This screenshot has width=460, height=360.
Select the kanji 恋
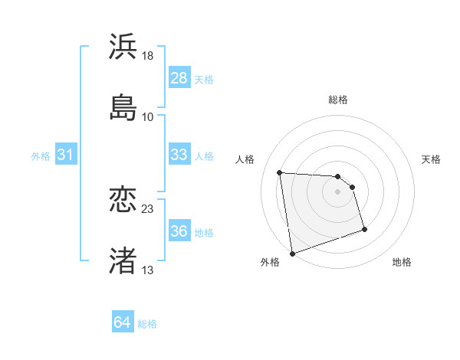click(123, 200)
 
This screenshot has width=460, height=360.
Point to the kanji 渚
click(123, 260)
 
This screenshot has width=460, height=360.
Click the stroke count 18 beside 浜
click(148, 56)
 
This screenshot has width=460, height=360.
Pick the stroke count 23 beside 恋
click(148, 209)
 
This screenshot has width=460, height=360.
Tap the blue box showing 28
click(179, 78)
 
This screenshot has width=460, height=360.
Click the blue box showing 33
click(179, 155)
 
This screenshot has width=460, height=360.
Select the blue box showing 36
click(179, 231)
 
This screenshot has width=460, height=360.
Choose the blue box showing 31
click(65, 155)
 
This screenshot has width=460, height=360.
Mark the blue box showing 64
click(122, 322)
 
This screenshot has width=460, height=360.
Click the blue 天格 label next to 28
click(204, 79)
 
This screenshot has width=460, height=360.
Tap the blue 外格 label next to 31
click(41, 155)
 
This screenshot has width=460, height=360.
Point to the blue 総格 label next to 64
click(147, 323)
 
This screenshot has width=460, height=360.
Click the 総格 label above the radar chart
click(337, 100)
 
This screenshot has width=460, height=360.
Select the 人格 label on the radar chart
click(245, 159)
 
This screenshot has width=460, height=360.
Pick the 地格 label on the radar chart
click(402, 262)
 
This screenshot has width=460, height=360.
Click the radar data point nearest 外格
click(292, 253)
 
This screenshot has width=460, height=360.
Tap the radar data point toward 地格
click(364, 229)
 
